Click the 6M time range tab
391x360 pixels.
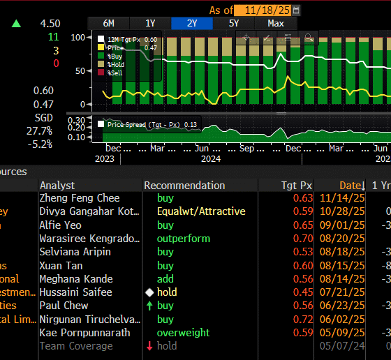[108, 23]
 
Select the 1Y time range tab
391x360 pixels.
[149, 23]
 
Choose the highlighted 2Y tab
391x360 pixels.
[191, 23]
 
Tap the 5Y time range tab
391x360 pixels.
[233, 23]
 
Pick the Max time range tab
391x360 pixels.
[275, 23]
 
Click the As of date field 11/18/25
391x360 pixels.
[263, 10]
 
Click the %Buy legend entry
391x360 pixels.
[115, 56]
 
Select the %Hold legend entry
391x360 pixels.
[115, 64]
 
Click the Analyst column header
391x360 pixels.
[57, 186]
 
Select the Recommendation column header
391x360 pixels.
[184, 186]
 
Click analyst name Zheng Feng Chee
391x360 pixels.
[79, 199]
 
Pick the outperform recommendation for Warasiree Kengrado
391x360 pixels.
[183, 239]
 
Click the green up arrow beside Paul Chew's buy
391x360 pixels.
[149, 306]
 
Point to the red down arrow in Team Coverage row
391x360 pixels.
[149, 346]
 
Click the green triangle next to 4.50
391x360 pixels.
[16, 24]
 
